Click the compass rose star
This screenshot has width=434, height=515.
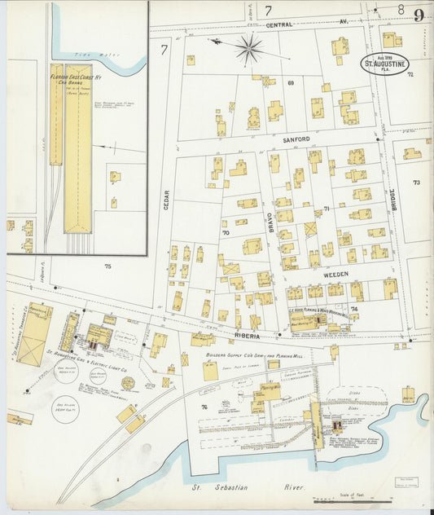click(x=248, y=49)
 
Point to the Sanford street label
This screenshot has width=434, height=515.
click(x=297, y=140)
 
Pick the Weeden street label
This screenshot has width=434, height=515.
click(x=336, y=275)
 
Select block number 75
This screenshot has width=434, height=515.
click(x=107, y=266)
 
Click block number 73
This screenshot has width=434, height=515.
click(x=415, y=183)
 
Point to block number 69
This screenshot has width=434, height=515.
click(x=289, y=82)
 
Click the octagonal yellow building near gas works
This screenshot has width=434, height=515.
click(x=128, y=383)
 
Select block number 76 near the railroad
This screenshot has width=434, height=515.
click(x=204, y=407)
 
